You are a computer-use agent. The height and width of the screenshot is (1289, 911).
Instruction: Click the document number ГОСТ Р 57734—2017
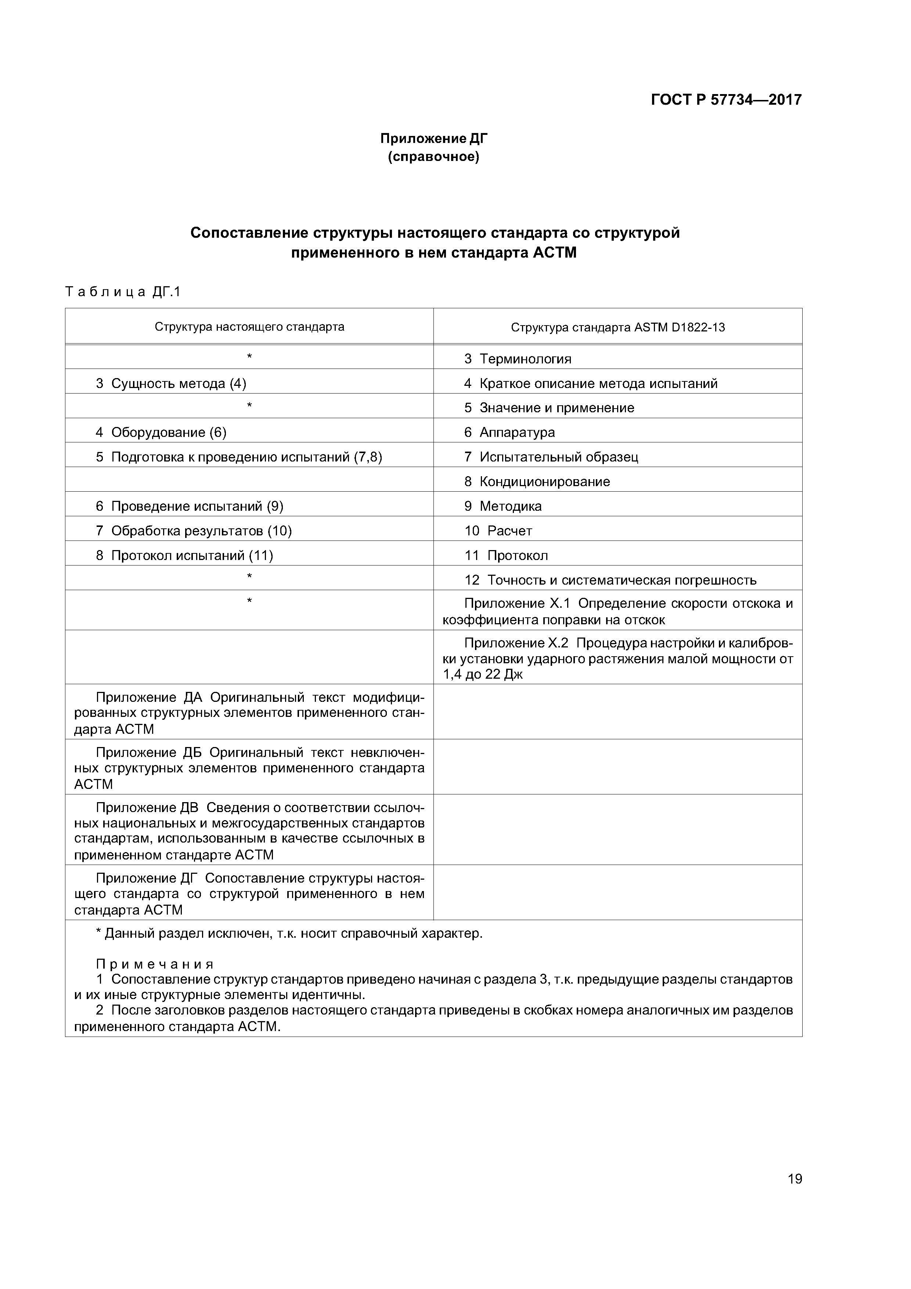(x=726, y=100)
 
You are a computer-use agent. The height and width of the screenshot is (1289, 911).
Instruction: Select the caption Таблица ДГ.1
(x=122, y=292)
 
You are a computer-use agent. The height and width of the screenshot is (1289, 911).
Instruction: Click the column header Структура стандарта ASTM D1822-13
(x=617, y=327)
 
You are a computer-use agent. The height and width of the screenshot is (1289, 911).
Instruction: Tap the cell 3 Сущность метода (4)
(x=171, y=384)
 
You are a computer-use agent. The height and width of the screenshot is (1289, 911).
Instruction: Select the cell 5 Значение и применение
(x=549, y=407)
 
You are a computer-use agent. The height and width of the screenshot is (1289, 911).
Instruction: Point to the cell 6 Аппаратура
(x=509, y=432)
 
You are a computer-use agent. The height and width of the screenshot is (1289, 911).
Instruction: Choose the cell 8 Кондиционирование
(x=537, y=482)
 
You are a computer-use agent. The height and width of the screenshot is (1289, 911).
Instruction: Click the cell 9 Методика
(x=503, y=506)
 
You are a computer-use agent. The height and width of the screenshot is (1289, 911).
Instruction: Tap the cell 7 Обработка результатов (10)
(x=194, y=531)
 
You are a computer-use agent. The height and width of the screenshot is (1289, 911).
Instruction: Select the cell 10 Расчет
(x=498, y=531)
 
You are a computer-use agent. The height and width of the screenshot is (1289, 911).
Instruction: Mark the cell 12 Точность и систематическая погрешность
(x=610, y=580)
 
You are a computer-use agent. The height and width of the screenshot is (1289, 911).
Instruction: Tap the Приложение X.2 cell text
(x=617, y=658)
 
